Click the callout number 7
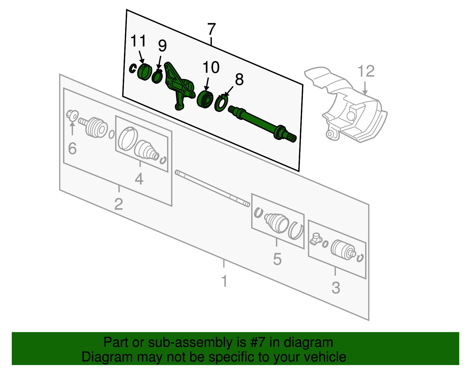pos(211,29)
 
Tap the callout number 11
pos(138,41)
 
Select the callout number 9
pos(162,46)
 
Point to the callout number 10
pos(211,67)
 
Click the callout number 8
pos(239,80)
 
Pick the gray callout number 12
pos(366,71)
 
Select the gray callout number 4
pos(139,179)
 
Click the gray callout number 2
pos(118,204)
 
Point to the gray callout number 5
pos(277,259)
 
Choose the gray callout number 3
pos(336,288)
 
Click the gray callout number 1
pos(224,281)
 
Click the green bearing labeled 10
pos(205,99)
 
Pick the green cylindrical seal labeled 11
pos(144,72)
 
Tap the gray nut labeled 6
pos(72,115)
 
